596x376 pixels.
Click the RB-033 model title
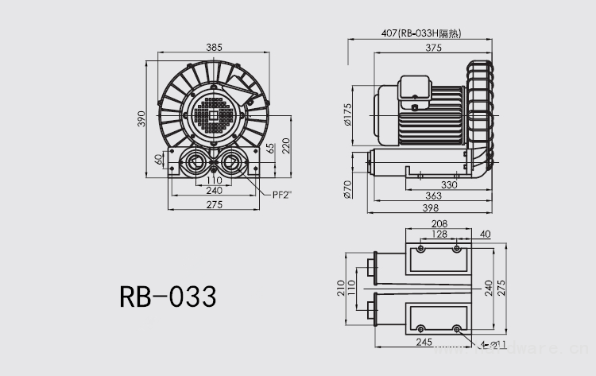tap(168, 298)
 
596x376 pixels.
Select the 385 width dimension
tap(214, 48)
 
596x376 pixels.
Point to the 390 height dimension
tap(142, 119)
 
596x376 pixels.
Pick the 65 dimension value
tap(271, 148)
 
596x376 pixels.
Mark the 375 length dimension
tap(432, 48)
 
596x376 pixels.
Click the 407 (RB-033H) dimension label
tap(421, 33)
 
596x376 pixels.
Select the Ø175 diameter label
tap(347, 114)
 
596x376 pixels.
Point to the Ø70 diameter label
tap(347, 189)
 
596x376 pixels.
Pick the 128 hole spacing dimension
tap(438, 234)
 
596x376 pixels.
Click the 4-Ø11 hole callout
tap(490, 344)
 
